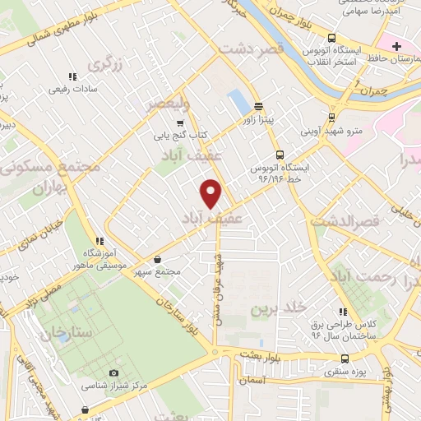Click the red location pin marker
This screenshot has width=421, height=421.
point(211,193)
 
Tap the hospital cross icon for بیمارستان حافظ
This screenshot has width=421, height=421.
point(398,45)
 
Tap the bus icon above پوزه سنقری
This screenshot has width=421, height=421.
point(344,359)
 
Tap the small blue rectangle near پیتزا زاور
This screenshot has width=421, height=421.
point(238,101)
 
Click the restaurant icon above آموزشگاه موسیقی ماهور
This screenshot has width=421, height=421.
point(99,241)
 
